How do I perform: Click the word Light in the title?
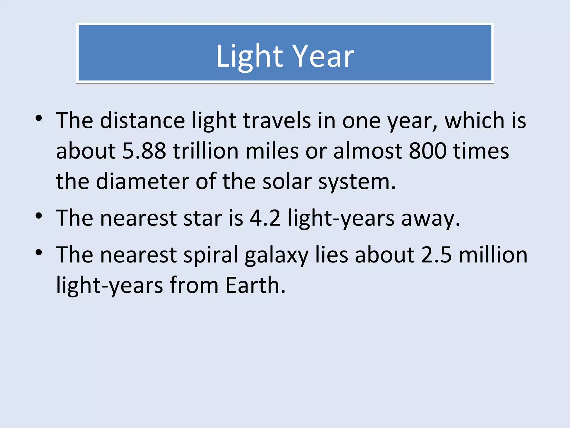pyautogui.click(x=249, y=56)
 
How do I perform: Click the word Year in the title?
pyautogui.click(x=324, y=56)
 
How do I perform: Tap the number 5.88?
pyautogui.click(x=144, y=151)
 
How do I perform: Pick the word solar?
pyautogui.click(x=287, y=182)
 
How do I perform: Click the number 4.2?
pyautogui.click(x=265, y=218)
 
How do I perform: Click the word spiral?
pyautogui.click(x=211, y=255)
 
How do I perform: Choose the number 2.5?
pyautogui.click(x=436, y=255)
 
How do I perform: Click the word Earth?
pyautogui.click(x=255, y=285)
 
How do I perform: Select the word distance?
pyautogui.click(x=142, y=121)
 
